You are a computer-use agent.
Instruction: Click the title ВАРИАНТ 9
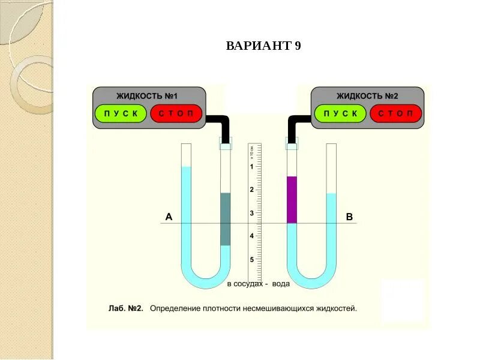click(263, 46)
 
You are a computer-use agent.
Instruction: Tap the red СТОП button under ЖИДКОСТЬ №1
click(176, 113)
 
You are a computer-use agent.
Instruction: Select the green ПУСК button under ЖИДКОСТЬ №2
click(340, 113)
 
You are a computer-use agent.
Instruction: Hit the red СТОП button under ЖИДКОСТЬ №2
click(395, 113)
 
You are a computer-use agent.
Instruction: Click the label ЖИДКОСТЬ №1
click(148, 95)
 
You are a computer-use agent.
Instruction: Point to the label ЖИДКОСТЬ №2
click(367, 95)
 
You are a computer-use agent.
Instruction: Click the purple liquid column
click(292, 200)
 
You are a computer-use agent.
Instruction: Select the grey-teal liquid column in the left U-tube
click(225, 219)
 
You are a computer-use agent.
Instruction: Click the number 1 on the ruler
click(251, 167)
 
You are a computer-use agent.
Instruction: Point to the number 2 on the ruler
click(251, 190)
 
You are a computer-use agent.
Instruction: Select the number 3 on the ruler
click(251, 213)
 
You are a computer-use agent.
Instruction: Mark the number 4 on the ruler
click(251, 236)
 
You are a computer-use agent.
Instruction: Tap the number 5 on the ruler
click(251, 260)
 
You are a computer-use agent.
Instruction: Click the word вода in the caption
click(281, 284)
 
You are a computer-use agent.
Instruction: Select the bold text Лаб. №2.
click(125, 309)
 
